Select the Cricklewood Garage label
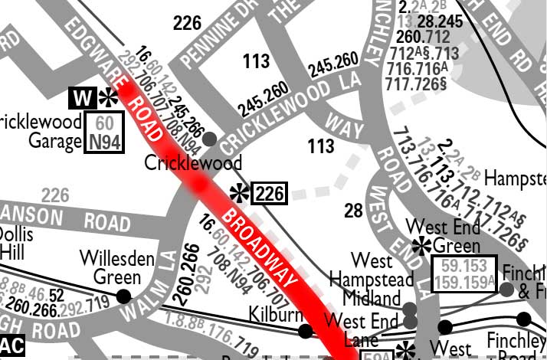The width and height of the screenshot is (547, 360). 42,132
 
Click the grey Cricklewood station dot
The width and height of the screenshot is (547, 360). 208,139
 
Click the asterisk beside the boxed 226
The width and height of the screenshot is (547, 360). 240,191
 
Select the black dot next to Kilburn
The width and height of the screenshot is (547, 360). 305,332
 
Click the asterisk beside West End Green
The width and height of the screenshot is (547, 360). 420,246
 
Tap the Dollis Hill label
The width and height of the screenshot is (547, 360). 15,242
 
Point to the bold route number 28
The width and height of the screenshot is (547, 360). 352,211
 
